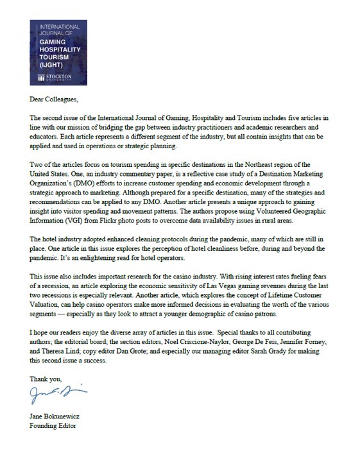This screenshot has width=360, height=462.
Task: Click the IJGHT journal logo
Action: (x=60, y=52)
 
